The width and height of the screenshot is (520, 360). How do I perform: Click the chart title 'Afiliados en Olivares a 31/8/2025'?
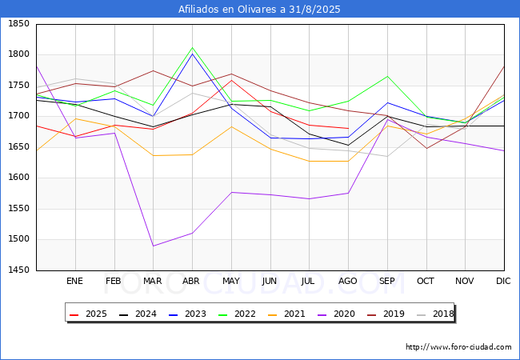[x=259, y=9]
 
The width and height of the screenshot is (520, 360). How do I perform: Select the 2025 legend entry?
[x=88, y=314]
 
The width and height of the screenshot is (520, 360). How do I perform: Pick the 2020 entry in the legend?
[x=336, y=314]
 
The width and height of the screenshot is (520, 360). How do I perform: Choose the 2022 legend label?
[x=237, y=314]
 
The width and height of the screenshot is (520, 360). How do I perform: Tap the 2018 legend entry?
[x=435, y=314]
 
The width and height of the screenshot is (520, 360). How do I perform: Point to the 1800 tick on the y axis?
[x=19, y=54]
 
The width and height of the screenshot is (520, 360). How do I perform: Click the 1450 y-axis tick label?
[x=19, y=270]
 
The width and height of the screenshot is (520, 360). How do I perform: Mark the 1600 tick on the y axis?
[x=19, y=178]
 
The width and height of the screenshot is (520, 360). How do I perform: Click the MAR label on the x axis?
[x=153, y=281]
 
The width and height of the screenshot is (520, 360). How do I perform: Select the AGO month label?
[x=347, y=281]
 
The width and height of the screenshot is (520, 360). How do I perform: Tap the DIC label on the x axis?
[x=503, y=281]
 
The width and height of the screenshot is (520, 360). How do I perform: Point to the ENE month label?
[x=74, y=281]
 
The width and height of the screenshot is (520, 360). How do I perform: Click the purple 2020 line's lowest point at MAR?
[x=154, y=246]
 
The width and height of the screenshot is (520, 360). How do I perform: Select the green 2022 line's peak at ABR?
[x=192, y=48]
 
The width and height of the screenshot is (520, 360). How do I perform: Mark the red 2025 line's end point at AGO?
[x=348, y=128]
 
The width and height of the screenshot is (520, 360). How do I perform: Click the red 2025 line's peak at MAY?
[x=231, y=80]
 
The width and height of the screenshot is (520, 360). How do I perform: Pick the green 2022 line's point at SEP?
[x=387, y=76]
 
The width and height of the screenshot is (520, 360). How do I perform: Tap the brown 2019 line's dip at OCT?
[x=426, y=148]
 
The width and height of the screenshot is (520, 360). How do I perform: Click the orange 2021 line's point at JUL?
[x=310, y=161]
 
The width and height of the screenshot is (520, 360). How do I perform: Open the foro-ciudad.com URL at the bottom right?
[x=458, y=347]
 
